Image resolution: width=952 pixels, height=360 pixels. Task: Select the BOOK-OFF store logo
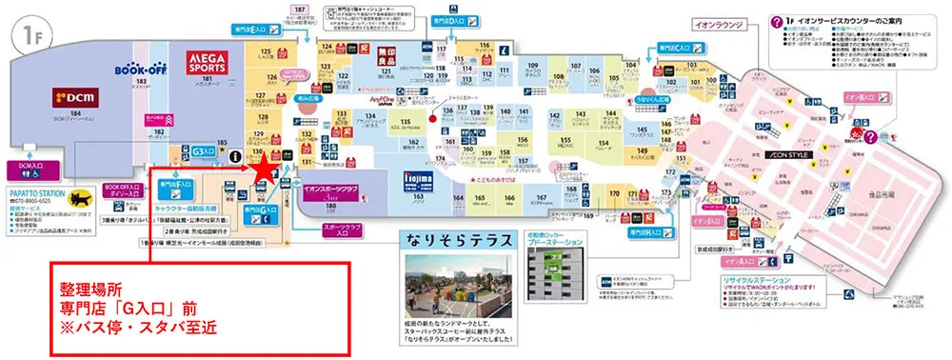coord(141,70)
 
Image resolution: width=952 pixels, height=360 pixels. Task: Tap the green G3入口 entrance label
coord(199,150)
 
